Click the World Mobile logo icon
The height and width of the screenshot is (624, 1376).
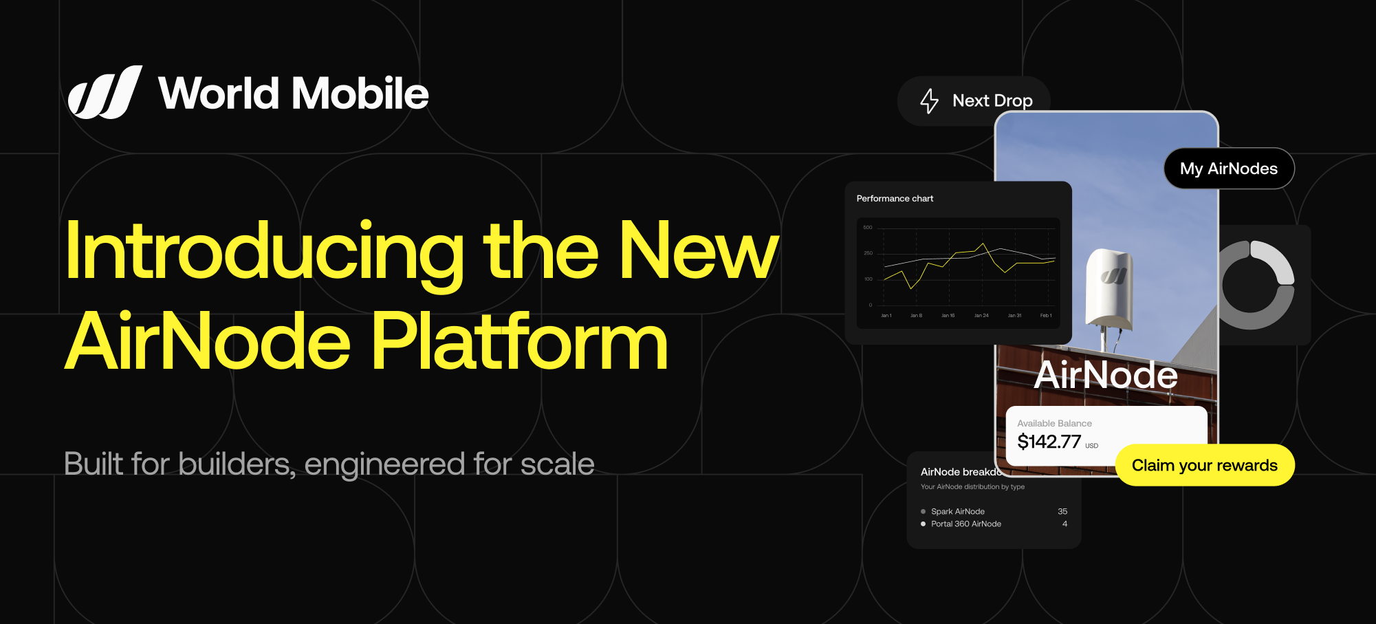(105, 93)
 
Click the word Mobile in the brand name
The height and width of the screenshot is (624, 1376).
(362, 94)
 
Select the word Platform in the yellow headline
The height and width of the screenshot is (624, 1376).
(520, 342)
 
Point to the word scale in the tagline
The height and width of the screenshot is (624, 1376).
(557, 464)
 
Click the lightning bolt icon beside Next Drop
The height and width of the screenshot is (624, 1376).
(929, 101)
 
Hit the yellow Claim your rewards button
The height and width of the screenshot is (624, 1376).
(1204, 466)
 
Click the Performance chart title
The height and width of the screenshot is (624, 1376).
(895, 199)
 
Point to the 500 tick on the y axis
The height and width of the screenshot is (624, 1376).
(868, 228)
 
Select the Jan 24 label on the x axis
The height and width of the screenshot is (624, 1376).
(981, 316)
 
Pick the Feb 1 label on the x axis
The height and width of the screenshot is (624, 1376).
(1046, 316)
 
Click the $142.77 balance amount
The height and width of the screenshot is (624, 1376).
(1049, 442)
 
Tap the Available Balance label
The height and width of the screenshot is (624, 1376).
(1054, 424)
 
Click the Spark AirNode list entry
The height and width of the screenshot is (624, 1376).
(957, 512)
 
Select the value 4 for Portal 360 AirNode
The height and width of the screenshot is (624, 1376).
(1064, 524)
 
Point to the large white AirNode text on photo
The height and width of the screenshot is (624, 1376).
(1106, 376)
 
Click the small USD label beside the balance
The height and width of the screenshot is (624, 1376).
(1091, 447)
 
